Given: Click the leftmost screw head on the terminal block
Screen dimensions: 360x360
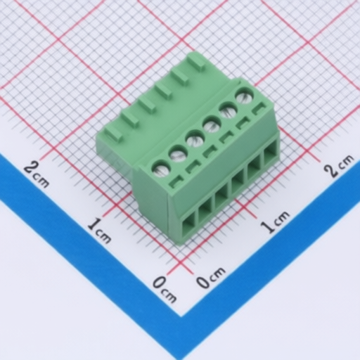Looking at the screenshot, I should tap(161, 168).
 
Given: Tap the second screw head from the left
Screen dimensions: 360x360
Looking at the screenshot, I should tap(178, 153).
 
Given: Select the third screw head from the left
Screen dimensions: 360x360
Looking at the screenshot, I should tap(195, 138).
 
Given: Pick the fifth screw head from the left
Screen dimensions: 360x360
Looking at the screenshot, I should tap(228, 109).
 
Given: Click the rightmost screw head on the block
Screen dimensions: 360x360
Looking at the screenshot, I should tap(244, 96).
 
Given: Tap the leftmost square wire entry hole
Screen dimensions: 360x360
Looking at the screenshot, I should tap(188, 221).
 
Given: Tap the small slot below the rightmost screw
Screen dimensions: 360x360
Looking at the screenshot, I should tap(259, 109).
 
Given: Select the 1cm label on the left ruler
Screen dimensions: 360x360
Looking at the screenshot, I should tap(99, 229).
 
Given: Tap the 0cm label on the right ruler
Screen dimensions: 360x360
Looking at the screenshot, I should tap(210, 279).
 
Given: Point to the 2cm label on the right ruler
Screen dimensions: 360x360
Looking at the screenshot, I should tap(339, 166).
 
